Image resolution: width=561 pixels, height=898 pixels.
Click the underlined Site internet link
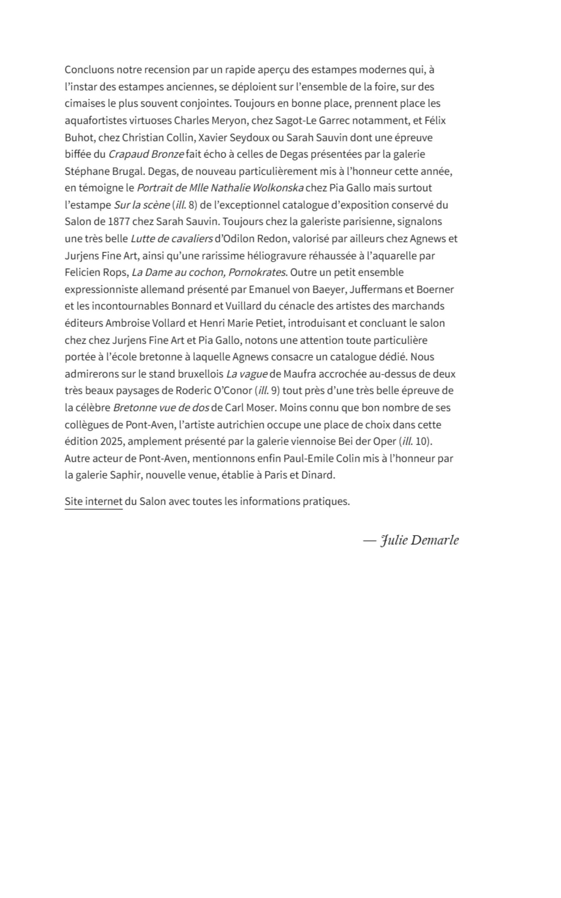coord(93,501)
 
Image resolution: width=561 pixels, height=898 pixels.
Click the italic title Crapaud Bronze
coord(146,154)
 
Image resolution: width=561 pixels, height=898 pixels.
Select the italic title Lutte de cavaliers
coord(172,239)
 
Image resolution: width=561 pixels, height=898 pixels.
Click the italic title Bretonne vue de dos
coord(161,408)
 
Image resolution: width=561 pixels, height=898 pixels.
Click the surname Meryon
coord(229,121)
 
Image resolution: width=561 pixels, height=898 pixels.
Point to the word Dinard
coord(318,475)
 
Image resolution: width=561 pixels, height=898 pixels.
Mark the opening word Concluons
coord(89,70)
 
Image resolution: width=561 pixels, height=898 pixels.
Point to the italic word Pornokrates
coord(258,272)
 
